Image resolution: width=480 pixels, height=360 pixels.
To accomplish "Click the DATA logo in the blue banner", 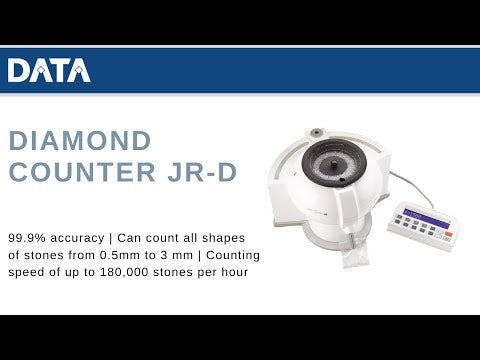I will (49, 70).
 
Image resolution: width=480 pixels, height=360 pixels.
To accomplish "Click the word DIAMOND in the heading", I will (80, 140).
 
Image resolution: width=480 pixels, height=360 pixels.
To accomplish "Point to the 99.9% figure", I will (26, 239).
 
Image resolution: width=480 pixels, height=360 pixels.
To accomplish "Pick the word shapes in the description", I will (232, 239).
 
